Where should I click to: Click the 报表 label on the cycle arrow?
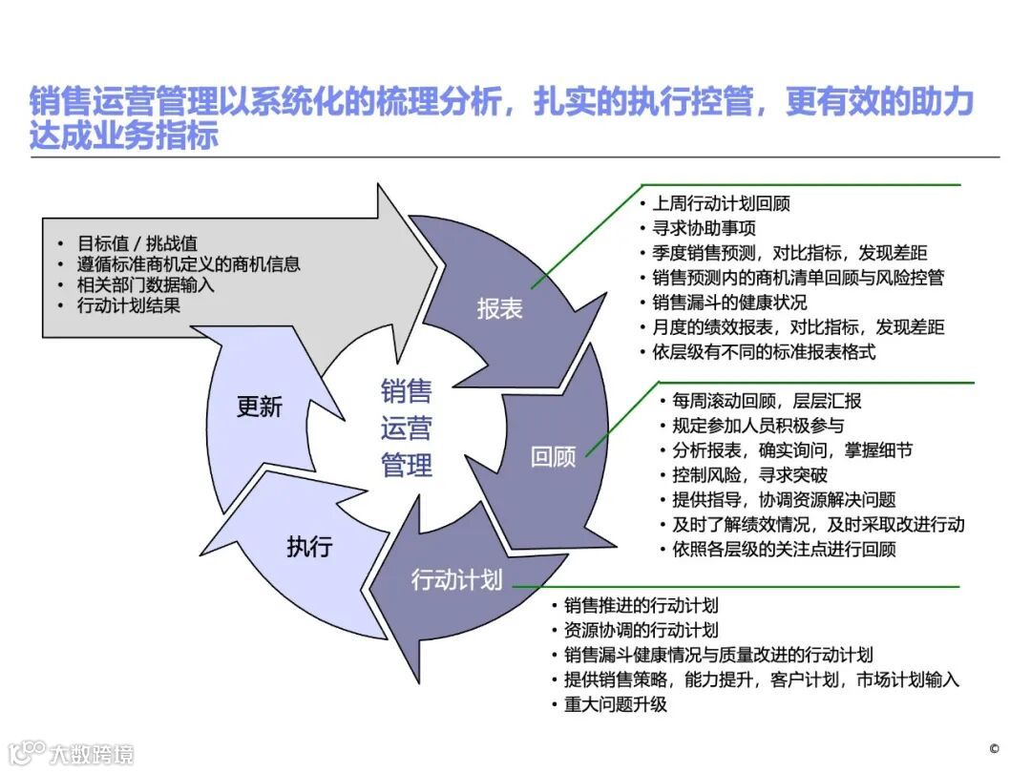click(x=499, y=309)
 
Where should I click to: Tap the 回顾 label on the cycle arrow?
click(x=554, y=456)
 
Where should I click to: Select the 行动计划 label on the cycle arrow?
click(x=456, y=579)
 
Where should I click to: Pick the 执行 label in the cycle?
click(x=309, y=547)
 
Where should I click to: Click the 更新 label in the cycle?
click(x=260, y=407)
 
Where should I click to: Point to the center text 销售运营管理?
click(x=407, y=428)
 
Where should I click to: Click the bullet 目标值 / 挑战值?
click(x=137, y=243)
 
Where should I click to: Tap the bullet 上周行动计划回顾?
click(x=721, y=203)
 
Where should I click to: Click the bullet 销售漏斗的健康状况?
click(x=729, y=303)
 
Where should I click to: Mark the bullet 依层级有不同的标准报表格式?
click(x=764, y=352)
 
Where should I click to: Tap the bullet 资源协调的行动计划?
click(x=641, y=630)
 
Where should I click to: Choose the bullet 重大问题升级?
click(x=615, y=704)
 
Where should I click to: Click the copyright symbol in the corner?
click(x=994, y=748)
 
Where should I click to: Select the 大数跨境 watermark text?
click(x=92, y=754)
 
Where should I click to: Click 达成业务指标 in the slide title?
click(x=124, y=136)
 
